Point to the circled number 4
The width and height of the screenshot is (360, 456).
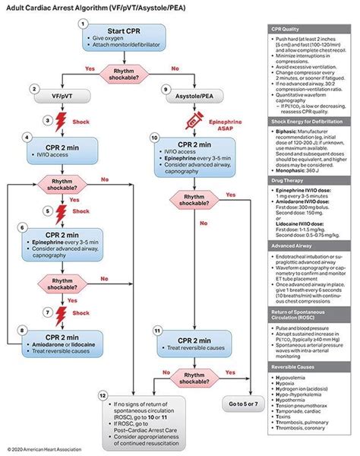tap(27, 138)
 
